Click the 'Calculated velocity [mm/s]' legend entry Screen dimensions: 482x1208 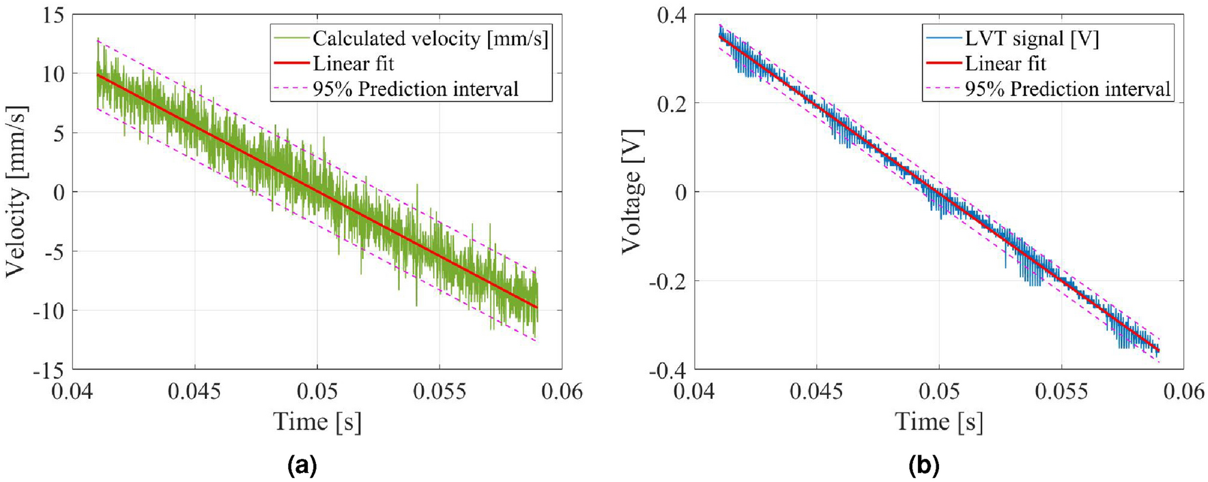[430, 39]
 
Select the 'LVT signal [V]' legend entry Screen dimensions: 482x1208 [1031, 39]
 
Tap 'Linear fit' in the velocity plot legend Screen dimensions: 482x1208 [353, 64]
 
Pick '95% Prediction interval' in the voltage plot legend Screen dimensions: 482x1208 [1067, 89]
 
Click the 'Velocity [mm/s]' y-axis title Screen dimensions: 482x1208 [16, 192]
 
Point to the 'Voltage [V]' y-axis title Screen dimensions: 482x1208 [632, 192]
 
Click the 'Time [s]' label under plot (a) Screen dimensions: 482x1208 [317, 422]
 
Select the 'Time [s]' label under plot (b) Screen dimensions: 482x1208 [938, 422]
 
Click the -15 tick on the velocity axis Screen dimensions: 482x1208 [48, 370]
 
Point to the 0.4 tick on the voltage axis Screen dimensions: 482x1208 [672, 15]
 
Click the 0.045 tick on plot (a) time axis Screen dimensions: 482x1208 [195, 391]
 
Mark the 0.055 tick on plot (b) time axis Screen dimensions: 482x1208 [1061, 391]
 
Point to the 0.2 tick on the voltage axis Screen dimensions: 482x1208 [672, 104]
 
